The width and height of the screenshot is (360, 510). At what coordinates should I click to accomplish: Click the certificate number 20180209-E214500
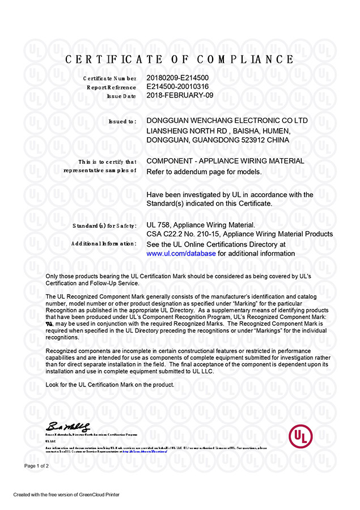pyautogui.click(x=177, y=78)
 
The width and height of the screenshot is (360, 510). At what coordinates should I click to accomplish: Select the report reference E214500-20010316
pyautogui.click(x=178, y=87)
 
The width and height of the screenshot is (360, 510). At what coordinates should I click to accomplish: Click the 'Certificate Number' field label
pyautogui.click(x=109, y=78)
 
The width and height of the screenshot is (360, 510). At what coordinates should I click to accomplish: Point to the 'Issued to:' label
pyautogui.click(x=122, y=121)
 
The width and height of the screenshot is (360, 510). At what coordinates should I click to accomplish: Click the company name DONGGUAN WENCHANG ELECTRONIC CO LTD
pyautogui.click(x=227, y=121)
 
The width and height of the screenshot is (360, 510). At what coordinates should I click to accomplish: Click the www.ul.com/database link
pyautogui.click(x=181, y=253)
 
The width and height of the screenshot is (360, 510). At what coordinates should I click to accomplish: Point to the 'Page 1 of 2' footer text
pyautogui.click(x=37, y=466)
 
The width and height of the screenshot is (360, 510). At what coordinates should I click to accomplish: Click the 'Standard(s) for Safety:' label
pyautogui.click(x=104, y=226)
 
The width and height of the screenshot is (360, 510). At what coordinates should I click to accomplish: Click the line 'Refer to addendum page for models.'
pyautogui.click(x=204, y=171)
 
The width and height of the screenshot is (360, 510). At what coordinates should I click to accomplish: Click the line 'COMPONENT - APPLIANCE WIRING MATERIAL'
pyautogui.click(x=225, y=161)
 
